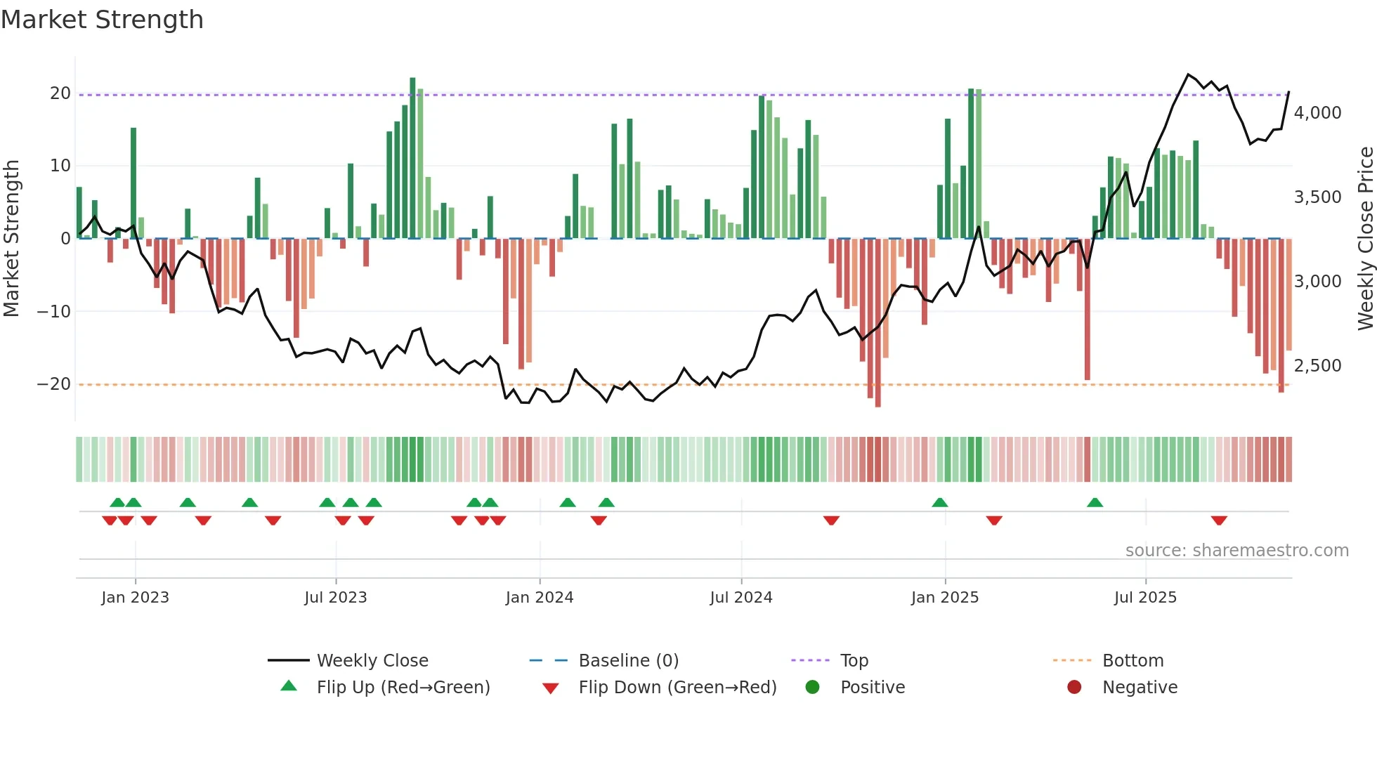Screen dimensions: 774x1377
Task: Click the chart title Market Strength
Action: coord(102,20)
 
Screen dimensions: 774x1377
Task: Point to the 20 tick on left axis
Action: coord(60,93)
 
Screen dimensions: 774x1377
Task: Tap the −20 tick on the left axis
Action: coord(54,384)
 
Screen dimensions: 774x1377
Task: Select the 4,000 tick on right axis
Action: coord(1317,113)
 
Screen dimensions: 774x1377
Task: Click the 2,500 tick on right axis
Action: coord(1317,366)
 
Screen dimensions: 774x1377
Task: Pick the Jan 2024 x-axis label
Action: coord(539,598)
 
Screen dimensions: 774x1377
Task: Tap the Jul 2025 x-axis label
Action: coord(1144,598)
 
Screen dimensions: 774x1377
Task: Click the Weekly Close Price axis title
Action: coord(1365,239)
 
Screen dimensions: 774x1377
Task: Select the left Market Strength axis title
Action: coord(11,239)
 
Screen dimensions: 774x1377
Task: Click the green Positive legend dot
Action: coord(812,687)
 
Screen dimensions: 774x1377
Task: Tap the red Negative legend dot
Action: coord(1073,687)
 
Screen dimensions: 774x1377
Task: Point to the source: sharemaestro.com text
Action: coord(1236,551)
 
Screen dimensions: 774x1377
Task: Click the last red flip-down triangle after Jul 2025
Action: coord(1219,520)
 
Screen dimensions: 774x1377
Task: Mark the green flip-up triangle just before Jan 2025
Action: coord(939,502)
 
